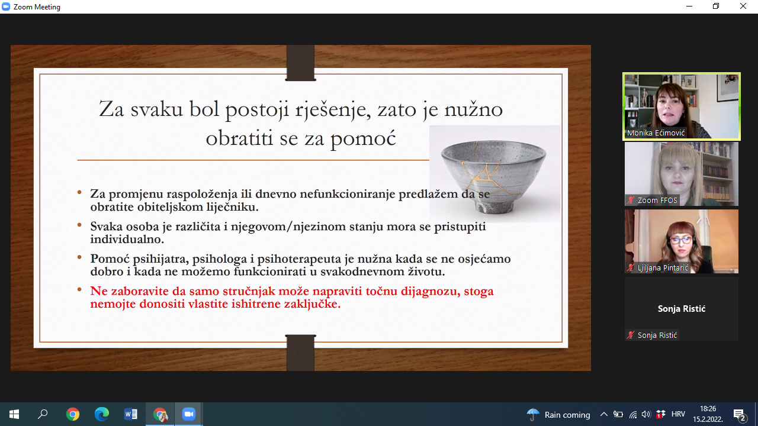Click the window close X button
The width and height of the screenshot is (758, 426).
coord(743,7)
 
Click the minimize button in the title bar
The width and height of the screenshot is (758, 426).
coord(689,7)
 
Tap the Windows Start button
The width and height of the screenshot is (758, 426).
coord(14,414)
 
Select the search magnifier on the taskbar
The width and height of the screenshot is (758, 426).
coord(43,414)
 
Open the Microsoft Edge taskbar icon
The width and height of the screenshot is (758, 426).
coord(101,414)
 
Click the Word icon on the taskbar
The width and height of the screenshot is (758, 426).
coord(131,414)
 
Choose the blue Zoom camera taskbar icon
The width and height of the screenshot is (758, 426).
coord(189,414)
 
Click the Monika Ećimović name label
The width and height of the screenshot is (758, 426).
coord(656,133)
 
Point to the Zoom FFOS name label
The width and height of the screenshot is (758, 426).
coord(657,200)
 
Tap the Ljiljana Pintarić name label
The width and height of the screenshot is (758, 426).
coord(663,268)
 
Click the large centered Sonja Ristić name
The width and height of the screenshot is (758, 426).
coord(682,309)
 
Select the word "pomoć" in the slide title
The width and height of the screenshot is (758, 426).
coord(364,138)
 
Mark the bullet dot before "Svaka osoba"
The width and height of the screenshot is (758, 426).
coord(79,224)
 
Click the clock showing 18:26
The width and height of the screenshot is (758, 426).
coord(708,409)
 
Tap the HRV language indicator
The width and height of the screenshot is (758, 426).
coord(678,414)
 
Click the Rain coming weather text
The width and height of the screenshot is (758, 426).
coord(567,415)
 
